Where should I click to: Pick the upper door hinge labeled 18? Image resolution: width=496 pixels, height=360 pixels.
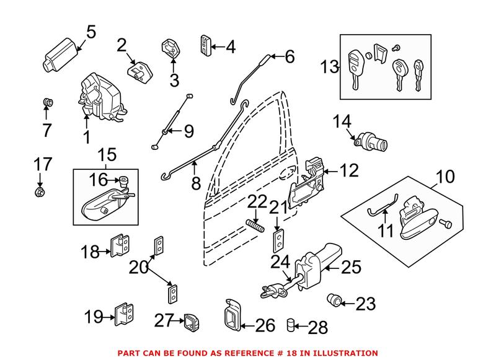pyautogui.click(x=120, y=245)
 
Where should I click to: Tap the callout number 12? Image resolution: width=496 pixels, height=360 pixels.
pyautogui.click(x=349, y=170)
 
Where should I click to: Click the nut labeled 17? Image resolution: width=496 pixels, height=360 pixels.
pyautogui.click(x=40, y=192)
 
